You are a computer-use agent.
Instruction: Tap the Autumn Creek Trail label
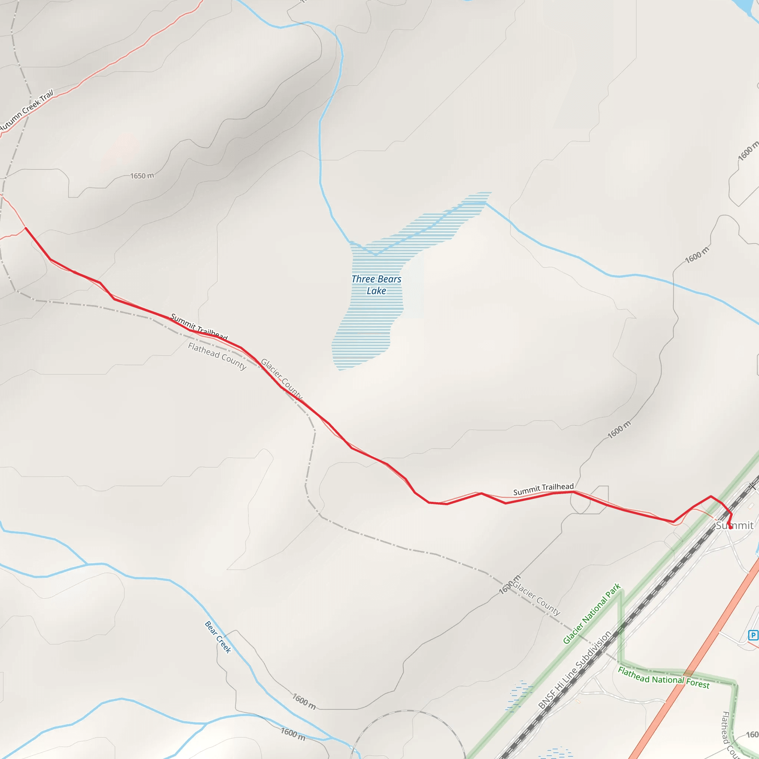[x=27, y=110]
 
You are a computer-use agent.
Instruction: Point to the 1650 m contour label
[x=142, y=176]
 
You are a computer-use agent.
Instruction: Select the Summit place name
[x=734, y=526]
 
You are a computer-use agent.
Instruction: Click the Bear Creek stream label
[x=218, y=637]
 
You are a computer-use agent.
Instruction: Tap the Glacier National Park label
[x=591, y=614]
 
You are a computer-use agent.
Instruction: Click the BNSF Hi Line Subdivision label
[x=574, y=670]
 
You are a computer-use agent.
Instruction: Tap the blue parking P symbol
[x=753, y=635]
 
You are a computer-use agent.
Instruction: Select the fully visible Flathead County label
[x=217, y=356]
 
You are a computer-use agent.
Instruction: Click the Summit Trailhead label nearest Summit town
[x=543, y=489]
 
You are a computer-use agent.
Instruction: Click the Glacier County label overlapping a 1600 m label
[x=537, y=598]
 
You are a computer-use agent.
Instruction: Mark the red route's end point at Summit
[x=730, y=527]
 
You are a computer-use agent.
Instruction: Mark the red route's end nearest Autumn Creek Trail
[x=26, y=228]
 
